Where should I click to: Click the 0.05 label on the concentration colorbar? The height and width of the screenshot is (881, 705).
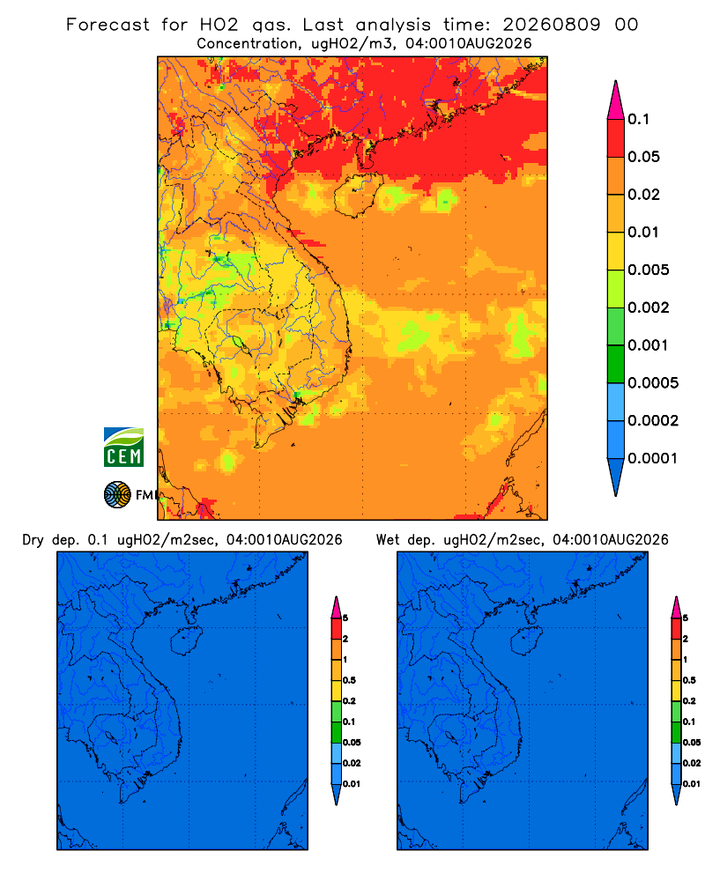643,157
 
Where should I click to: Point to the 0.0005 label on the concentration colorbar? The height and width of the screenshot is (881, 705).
653,383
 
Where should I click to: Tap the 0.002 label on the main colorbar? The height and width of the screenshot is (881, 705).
649,307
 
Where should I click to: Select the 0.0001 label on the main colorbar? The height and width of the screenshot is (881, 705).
653,458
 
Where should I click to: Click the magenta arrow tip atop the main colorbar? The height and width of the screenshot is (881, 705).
616,101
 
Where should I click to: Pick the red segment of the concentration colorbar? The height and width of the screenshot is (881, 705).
616,137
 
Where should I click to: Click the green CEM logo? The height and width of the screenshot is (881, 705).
123,448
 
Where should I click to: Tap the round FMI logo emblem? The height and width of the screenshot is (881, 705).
117,494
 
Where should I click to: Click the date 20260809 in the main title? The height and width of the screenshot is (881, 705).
551,25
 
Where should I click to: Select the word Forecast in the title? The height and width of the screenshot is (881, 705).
108,25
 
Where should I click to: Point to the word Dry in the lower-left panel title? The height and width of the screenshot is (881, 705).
33,540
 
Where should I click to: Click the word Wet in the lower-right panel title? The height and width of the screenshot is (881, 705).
387,540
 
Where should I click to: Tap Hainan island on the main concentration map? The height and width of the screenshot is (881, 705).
358,195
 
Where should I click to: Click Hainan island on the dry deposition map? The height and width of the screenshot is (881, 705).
186,640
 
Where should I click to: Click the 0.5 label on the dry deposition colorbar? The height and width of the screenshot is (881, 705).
349,680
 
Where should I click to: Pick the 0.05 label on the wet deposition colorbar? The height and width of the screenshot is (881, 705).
692,743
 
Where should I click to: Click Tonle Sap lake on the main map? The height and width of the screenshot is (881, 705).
240,344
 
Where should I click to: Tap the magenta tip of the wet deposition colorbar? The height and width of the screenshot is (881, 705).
676,607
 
